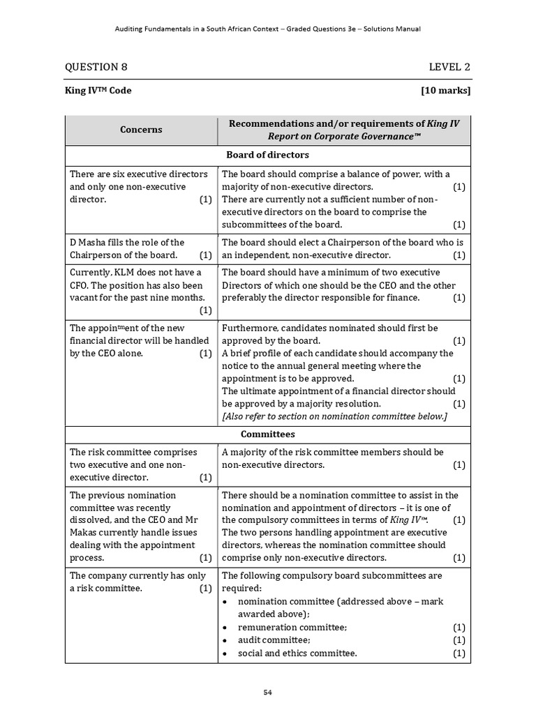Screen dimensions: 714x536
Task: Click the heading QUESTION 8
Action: tap(96, 67)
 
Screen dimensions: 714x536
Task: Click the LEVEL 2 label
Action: tap(449, 67)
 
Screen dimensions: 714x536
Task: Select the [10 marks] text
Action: tap(445, 91)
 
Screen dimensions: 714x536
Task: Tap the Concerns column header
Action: tap(141, 130)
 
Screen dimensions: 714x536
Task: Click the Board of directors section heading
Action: tap(267, 155)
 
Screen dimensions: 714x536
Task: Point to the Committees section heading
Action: tap(267, 434)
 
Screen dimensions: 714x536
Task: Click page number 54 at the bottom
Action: tap(268, 692)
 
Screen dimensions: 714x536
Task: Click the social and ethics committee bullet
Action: tap(297, 653)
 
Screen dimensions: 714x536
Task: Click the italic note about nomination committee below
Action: tap(334, 416)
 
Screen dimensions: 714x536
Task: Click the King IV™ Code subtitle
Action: tap(98, 91)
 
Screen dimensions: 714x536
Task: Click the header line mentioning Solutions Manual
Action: tap(267, 29)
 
